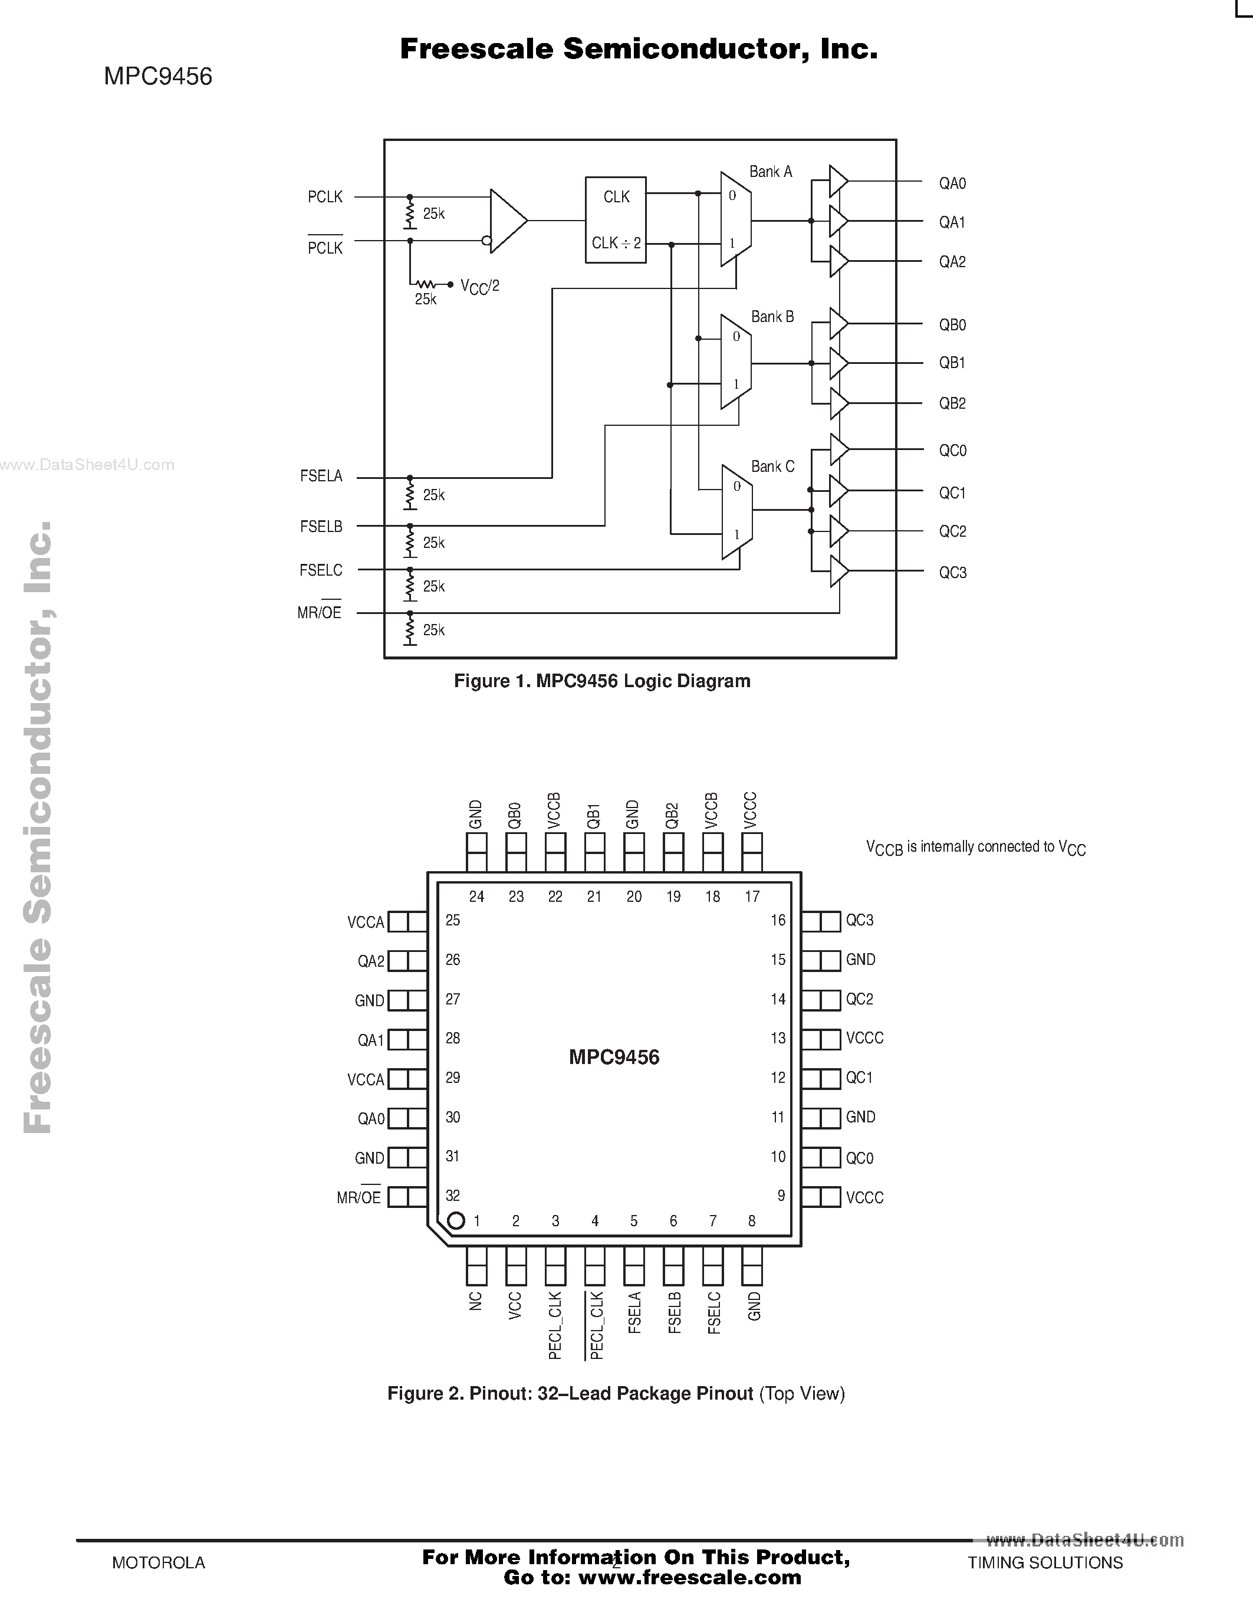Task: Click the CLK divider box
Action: pos(616,220)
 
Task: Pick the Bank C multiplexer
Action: pos(737,512)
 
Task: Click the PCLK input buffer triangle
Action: pos(508,221)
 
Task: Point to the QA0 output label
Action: pos(952,183)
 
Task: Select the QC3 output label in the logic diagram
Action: pos(952,573)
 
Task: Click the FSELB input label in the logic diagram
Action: pos(321,527)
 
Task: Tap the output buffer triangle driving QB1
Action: pos(838,363)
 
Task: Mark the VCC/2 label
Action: pos(479,286)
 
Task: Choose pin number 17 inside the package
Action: pos(752,897)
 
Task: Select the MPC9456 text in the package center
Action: pos(614,1057)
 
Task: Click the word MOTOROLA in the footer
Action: pos(158,1562)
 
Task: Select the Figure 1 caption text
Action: pos(602,681)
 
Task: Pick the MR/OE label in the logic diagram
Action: pos(319,613)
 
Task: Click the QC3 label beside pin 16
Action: pos(860,920)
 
